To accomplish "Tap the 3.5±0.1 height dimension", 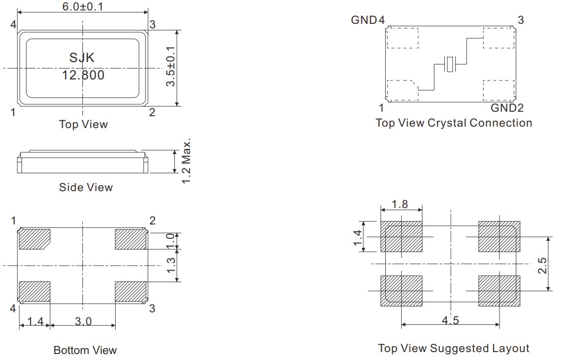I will (171, 67).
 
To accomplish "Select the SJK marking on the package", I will (82, 58).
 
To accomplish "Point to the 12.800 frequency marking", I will (83, 75).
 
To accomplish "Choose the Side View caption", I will (86, 187).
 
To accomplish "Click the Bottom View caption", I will (85, 350).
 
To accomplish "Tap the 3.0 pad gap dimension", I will (83, 321).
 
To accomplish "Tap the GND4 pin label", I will (368, 20).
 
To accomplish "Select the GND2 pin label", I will (507, 108).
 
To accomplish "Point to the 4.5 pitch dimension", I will (450, 320).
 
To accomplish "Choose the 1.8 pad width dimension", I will (400, 204).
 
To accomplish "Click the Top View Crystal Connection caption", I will (454, 123).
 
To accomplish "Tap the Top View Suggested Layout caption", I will (454, 348).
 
